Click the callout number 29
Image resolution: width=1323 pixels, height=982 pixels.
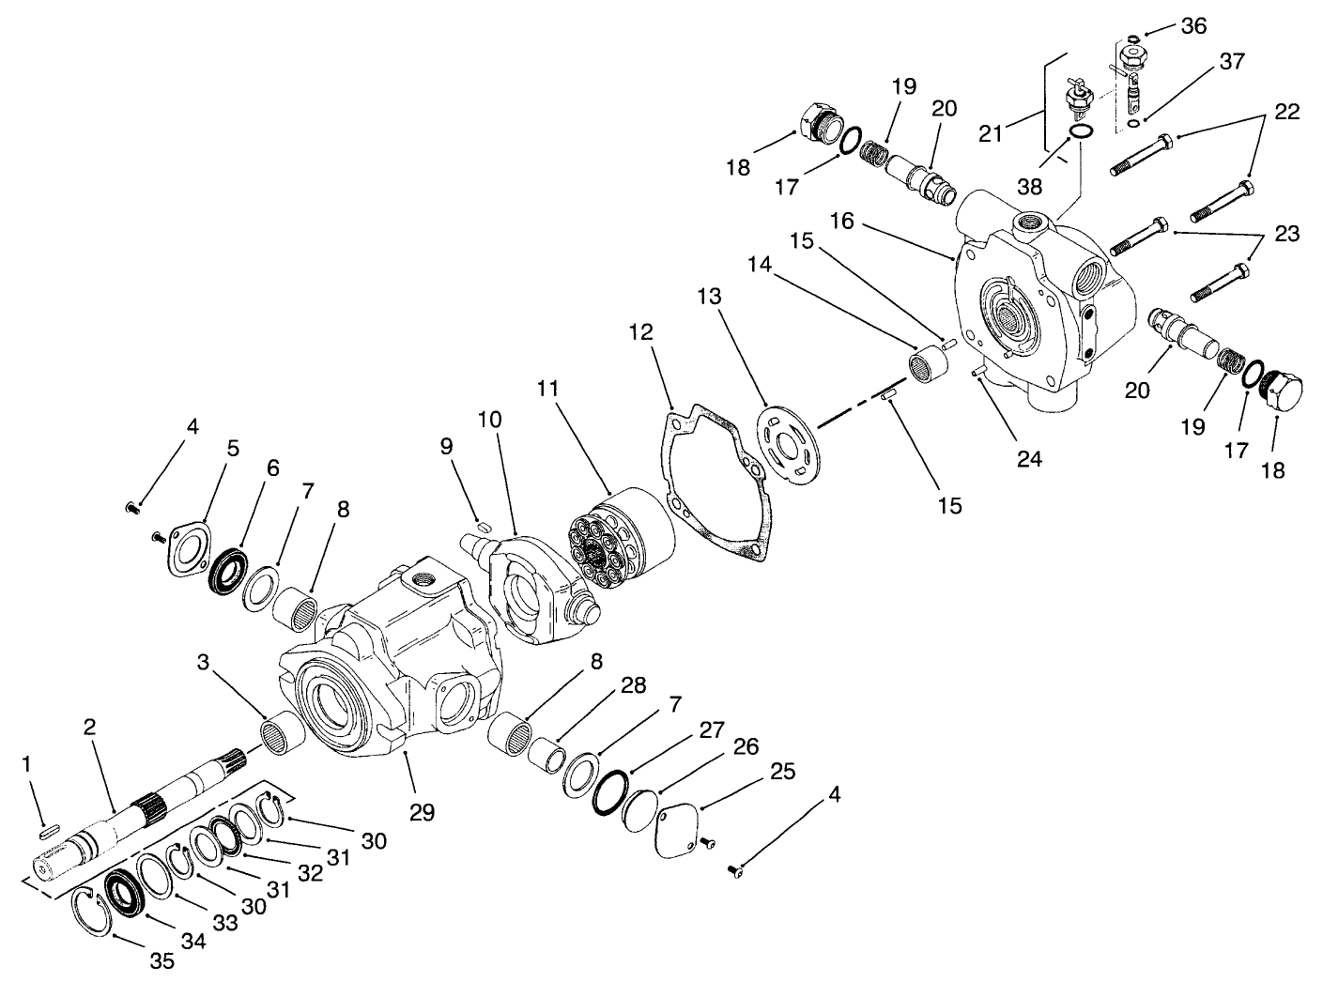422,812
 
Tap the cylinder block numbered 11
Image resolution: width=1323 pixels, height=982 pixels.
624,539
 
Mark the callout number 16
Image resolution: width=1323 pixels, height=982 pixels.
841,221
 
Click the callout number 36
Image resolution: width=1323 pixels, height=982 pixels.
1193,25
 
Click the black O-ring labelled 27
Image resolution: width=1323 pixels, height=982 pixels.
611,794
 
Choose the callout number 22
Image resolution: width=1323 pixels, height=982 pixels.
1286,112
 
